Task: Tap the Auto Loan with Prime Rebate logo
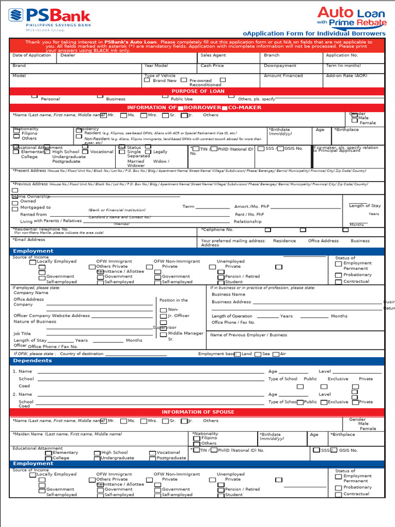pos(351,16)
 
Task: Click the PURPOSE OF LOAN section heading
pos(197,91)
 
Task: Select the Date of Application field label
pos(32,55)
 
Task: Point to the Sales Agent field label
pos(213,55)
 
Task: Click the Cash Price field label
pos(212,65)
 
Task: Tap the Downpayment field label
pos(280,65)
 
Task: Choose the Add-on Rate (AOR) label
pos(346,76)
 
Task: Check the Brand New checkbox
pos(147,80)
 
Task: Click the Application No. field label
pos(342,55)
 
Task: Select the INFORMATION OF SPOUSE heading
pos(197,412)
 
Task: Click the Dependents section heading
pos(32,361)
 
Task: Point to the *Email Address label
pos(29,239)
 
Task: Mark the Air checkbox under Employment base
pos(276,354)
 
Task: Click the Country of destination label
pos(82,354)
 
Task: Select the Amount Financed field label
pos(283,76)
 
